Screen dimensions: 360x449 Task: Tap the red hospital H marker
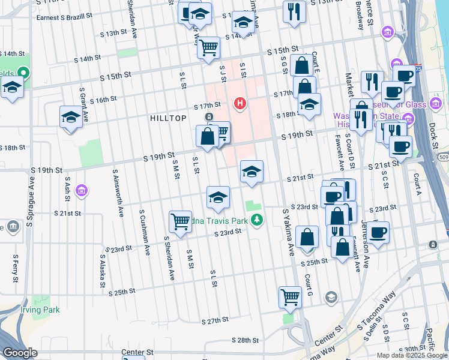pyautogui.click(x=240, y=104)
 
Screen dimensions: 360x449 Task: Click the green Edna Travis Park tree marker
pyautogui.click(x=257, y=220)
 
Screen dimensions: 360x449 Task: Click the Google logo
pyautogui.click(x=20, y=353)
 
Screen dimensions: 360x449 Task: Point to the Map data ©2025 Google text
pyautogui.click(x=411, y=355)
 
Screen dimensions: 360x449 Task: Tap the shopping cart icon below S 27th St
pyautogui.click(x=290, y=296)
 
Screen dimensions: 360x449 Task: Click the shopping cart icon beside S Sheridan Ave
pyautogui.click(x=180, y=221)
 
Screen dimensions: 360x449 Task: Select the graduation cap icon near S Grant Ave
pyautogui.click(x=71, y=117)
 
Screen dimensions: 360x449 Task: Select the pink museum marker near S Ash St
pyautogui.click(x=82, y=191)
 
